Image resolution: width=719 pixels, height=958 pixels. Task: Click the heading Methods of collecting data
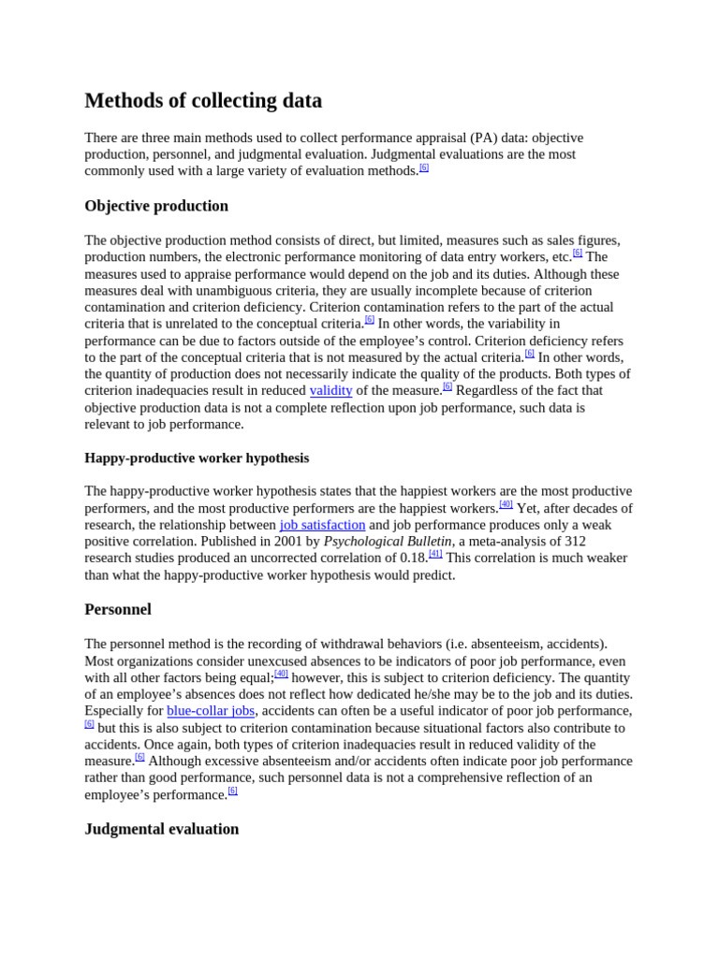[x=203, y=101]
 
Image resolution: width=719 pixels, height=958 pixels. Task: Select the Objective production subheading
[x=156, y=206]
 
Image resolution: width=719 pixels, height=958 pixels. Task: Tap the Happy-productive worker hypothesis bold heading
[x=197, y=457]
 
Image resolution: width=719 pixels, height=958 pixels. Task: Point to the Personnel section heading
[x=118, y=609]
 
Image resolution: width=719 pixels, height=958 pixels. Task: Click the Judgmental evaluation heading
[x=162, y=829]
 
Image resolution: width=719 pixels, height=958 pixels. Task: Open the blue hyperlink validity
[x=330, y=391]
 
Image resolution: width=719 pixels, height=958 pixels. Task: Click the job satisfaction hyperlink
[x=322, y=525]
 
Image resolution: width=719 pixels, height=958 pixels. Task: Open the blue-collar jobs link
[x=211, y=711]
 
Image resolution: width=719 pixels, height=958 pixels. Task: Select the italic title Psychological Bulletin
[x=388, y=542]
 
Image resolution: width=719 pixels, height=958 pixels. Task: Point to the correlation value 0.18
[x=413, y=559]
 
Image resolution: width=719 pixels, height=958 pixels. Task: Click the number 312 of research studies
[x=574, y=542]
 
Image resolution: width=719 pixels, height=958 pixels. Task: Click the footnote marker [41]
[x=435, y=554]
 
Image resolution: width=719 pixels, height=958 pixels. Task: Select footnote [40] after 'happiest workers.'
[x=506, y=504]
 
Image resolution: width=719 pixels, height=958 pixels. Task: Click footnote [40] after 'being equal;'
[x=281, y=674]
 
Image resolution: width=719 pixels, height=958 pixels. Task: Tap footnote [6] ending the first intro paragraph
[x=424, y=167]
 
